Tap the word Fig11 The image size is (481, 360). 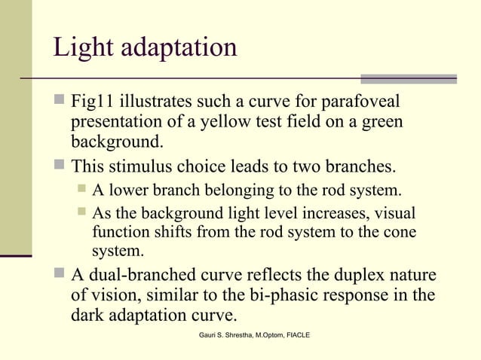(x=93, y=102)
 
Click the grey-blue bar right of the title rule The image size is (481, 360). (x=409, y=78)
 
